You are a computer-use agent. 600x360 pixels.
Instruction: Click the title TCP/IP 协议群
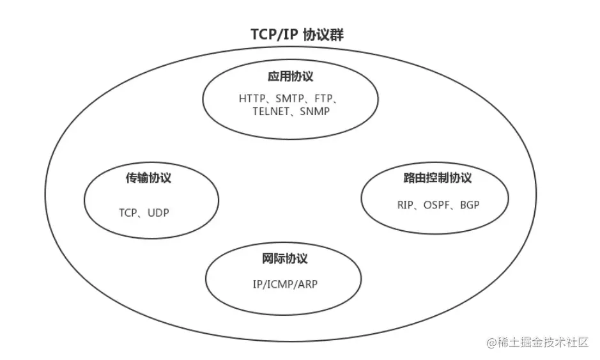tap(297, 35)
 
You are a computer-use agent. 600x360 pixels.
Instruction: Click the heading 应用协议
tap(291, 77)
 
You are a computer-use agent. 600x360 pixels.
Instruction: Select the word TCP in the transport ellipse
tap(128, 213)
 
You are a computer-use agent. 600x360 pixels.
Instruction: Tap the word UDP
tap(158, 213)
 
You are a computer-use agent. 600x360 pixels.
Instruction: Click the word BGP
tap(469, 205)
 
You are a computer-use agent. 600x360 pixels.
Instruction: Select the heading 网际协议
tap(284, 259)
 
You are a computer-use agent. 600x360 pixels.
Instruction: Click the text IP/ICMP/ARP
tap(285, 284)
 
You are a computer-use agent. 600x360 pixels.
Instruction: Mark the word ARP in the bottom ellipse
tap(307, 284)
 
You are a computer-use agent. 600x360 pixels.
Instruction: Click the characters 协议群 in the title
tap(328, 35)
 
